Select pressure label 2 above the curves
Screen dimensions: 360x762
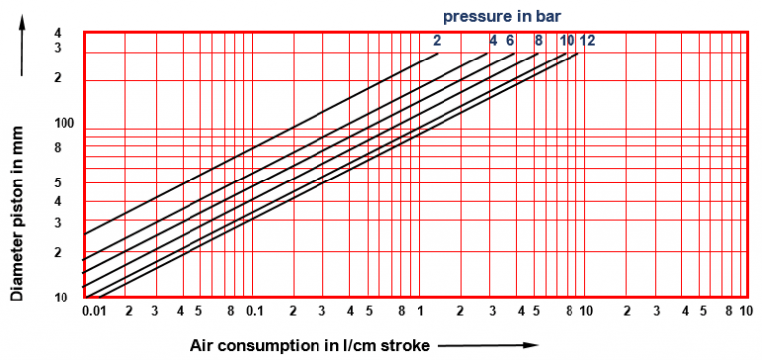tap(436, 41)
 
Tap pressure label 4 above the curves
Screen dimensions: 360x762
tap(493, 41)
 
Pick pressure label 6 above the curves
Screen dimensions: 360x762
tap(510, 41)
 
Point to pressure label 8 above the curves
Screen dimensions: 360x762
tap(538, 41)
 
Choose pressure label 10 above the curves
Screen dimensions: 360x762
tap(567, 41)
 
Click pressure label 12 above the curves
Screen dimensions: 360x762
tap(587, 41)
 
